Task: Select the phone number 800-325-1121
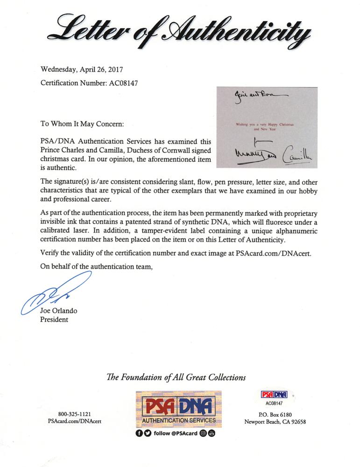(75, 413)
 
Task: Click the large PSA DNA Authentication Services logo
(179, 407)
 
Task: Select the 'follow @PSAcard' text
(175, 433)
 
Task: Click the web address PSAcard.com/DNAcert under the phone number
(75, 421)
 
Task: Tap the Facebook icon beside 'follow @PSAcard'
(139, 433)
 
